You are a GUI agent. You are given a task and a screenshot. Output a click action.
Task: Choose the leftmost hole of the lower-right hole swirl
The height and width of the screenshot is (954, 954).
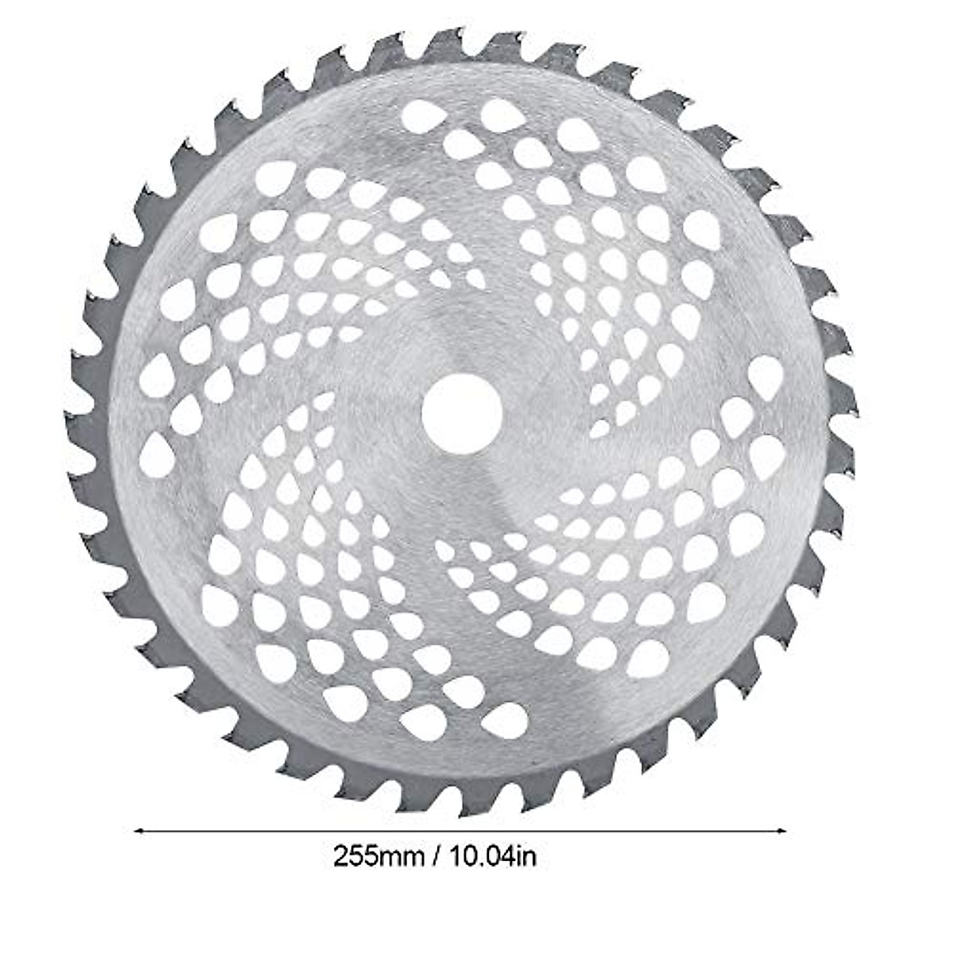[x=443, y=549]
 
